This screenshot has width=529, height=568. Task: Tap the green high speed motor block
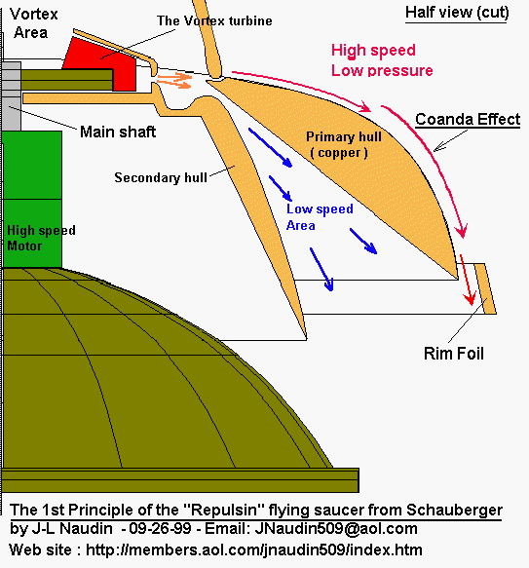[32, 199]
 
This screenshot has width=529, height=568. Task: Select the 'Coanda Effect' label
[468, 120]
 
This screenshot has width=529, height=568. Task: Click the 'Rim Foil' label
[454, 354]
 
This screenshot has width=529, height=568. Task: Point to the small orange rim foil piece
[485, 288]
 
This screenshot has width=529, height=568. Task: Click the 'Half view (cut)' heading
[457, 13]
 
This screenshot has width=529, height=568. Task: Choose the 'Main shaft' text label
[118, 132]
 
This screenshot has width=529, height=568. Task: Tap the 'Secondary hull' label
[161, 177]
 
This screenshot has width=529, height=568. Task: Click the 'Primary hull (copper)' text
[342, 144]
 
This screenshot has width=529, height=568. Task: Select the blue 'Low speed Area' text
[320, 217]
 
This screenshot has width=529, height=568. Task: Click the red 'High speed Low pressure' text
[382, 60]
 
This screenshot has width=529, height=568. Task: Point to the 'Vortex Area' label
[33, 23]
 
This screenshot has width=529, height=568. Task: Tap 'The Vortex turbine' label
[214, 21]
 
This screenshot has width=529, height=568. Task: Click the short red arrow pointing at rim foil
[467, 280]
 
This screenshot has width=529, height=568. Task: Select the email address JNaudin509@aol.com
[336, 528]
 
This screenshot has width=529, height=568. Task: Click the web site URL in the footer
[254, 549]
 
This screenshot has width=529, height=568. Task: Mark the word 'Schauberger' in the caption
[454, 511]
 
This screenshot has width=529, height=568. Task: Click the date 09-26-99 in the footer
[160, 528]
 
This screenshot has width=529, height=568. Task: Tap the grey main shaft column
[11, 96]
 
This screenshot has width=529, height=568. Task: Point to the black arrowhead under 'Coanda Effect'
[439, 147]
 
